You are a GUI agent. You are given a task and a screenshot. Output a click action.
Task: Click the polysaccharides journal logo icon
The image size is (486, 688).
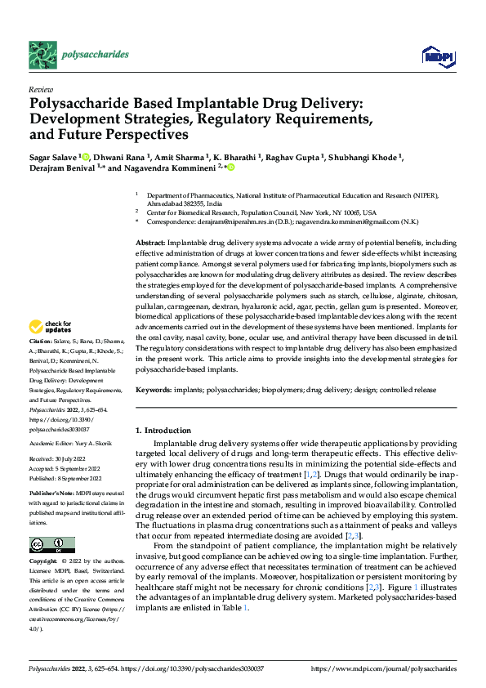tap(42, 54)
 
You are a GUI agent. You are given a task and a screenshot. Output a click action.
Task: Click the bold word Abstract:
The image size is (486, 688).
tap(149, 243)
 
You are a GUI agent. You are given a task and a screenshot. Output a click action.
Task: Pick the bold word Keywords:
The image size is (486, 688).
tap(153, 391)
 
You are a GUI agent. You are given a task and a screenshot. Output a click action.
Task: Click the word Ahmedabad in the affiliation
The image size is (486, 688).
tap(165, 203)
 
